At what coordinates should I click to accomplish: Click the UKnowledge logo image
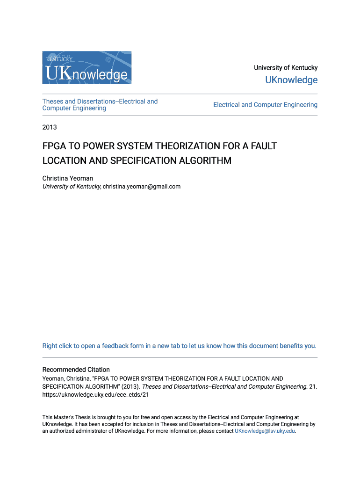[87, 67]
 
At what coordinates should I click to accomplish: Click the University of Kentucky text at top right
[285, 68]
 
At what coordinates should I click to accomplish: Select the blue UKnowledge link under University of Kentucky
[291, 80]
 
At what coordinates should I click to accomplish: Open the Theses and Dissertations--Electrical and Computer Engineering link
[100, 105]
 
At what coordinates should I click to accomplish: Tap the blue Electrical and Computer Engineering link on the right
[265, 105]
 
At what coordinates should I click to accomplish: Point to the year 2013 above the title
[50, 127]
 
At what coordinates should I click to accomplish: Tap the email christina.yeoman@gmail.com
[142, 187]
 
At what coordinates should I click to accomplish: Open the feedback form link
[179, 346]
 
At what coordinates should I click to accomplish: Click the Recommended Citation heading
[76, 370]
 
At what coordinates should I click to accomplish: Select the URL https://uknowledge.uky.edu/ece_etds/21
[95, 394]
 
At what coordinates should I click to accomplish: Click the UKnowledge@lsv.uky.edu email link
[265, 431]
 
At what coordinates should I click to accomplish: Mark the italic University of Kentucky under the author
[72, 187]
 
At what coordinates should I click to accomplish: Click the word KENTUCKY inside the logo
[59, 59]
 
